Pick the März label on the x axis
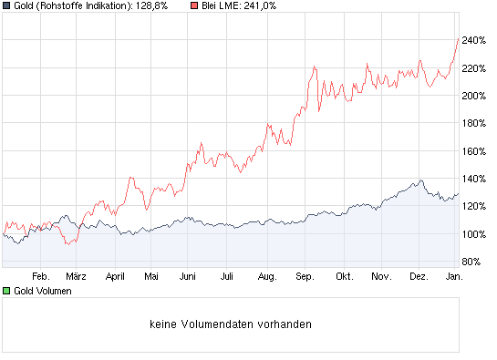77,274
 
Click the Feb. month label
39,274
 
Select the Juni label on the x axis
188,274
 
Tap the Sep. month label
305,274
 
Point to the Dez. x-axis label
419,274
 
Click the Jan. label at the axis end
452,274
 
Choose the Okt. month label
344,274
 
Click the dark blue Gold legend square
6,6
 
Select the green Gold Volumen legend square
6,291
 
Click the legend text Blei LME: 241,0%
239,6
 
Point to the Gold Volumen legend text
41,291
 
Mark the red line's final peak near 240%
457,37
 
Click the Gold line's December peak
420,180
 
